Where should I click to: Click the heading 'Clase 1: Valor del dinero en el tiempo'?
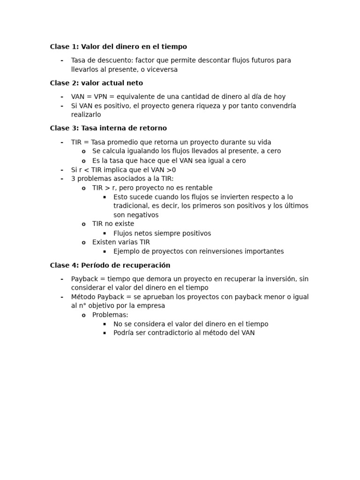pos(118,47)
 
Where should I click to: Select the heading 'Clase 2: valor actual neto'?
pos(96,83)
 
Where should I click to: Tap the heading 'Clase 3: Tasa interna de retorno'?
pos(108,128)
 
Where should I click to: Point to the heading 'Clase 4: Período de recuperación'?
pos(110,265)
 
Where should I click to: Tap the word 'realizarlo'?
pos(86,115)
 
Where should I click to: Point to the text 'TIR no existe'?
pos(113,224)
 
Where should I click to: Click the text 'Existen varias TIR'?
pos(121,242)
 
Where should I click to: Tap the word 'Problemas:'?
pos(110,315)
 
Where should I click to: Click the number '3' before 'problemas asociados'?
pos(73,179)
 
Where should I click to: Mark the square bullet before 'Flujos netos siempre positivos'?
pos(105,233)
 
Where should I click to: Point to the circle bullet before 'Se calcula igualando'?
pos(83,151)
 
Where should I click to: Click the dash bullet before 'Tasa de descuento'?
pos(61,60)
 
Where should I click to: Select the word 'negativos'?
pos(142,215)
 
